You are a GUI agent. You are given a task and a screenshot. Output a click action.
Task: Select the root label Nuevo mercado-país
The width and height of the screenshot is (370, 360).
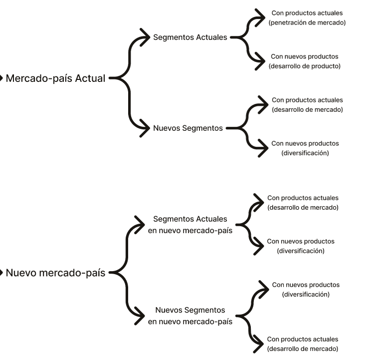tap(55, 273)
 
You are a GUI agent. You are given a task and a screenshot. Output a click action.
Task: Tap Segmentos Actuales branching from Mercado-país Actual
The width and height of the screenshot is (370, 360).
tap(190, 37)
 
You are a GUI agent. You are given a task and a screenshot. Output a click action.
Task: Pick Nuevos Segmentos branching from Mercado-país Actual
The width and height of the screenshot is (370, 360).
tap(187, 128)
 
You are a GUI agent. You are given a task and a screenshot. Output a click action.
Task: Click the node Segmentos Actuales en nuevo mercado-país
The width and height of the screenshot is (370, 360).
tap(190, 225)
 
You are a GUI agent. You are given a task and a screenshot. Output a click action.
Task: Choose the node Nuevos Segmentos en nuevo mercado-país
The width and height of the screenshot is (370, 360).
tap(190, 316)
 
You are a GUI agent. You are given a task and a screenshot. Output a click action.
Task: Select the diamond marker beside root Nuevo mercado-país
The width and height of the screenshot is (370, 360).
tap(1, 273)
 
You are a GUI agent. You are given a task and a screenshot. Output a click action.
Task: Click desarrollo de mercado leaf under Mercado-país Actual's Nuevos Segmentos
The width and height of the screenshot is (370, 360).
tap(307, 109)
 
